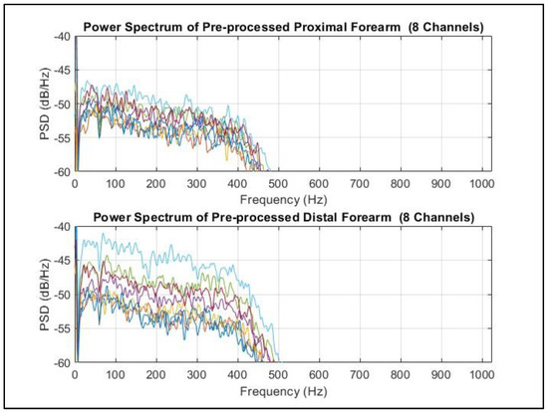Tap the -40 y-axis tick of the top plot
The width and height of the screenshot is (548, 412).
click(x=62, y=37)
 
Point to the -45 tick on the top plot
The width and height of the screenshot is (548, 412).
click(x=62, y=70)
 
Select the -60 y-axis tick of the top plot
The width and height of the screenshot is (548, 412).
click(x=62, y=171)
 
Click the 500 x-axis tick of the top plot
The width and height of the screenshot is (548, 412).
click(x=277, y=181)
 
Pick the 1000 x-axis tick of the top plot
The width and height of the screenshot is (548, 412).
click(x=480, y=181)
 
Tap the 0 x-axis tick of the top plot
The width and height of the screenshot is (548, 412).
click(x=76, y=181)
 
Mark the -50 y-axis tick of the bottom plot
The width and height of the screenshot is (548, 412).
click(x=62, y=295)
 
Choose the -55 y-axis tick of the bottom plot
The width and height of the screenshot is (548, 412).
click(x=62, y=328)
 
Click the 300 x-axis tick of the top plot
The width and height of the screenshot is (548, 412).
click(x=196, y=181)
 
